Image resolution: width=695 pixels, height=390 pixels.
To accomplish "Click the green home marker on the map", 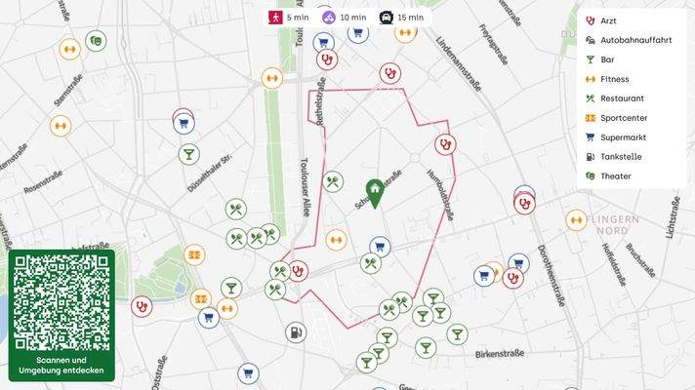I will pyautogui.click(x=374, y=192).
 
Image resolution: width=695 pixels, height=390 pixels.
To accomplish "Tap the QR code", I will pyautogui.click(x=61, y=302).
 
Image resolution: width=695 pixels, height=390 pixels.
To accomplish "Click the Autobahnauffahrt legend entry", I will pyautogui.click(x=635, y=40).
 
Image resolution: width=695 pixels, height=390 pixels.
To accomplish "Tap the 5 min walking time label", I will pyautogui.click(x=288, y=18).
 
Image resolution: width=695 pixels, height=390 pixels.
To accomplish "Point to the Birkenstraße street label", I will pyautogui.click(x=501, y=355).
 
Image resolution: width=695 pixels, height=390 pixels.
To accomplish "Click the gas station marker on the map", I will pyautogui.click(x=296, y=332).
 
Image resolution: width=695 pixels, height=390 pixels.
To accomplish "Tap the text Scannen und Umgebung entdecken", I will pyautogui.click(x=61, y=367).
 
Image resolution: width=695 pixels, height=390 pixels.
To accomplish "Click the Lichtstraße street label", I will pyautogui.click(x=673, y=216).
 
